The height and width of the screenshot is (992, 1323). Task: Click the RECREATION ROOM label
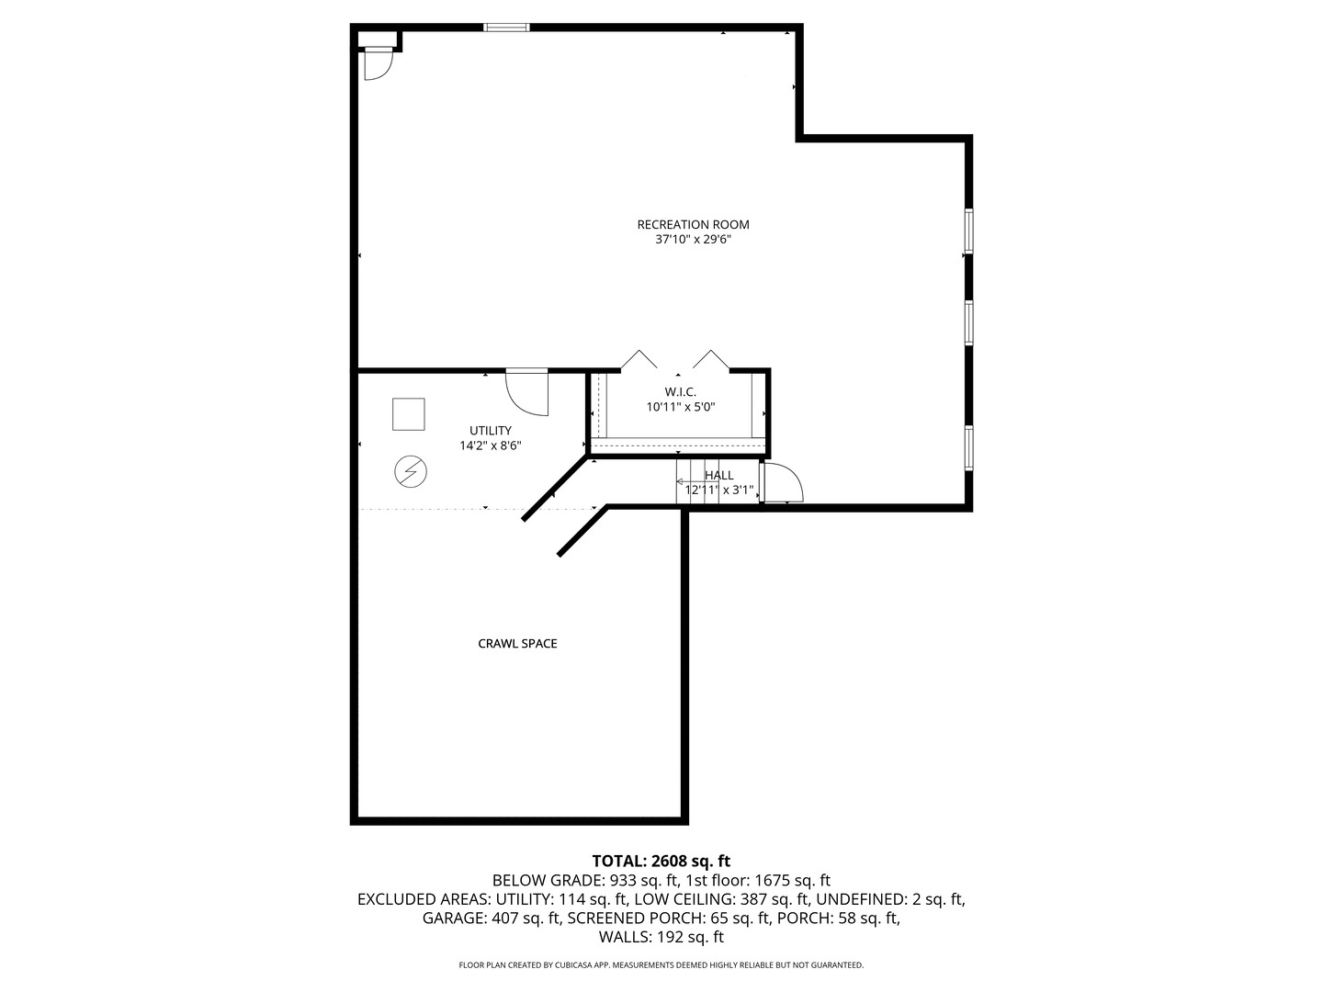pyautogui.click(x=693, y=224)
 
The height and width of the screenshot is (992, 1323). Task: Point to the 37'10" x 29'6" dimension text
pyautogui.click(x=693, y=240)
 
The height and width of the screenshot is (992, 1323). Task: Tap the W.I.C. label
pyautogui.click(x=680, y=391)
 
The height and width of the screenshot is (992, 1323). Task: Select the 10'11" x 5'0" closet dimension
pyautogui.click(x=680, y=407)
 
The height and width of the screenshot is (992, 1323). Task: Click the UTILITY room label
pyautogui.click(x=491, y=430)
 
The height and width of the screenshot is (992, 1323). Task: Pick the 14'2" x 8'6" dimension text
pyautogui.click(x=491, y=445)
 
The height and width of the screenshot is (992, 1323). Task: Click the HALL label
pyautogui.click(x=719, y=475)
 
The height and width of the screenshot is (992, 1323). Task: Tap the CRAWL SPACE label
pyautogui.click(x=517, y=644)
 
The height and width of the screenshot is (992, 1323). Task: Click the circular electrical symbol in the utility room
pyautogui.click(x=410, y=472)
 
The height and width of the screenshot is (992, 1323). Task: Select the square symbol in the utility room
pyautogui.click(x=409, y=414)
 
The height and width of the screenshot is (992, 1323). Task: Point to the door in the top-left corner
pyautogui.click(x=378, y=63)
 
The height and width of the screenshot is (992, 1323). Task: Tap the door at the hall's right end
pyautogui.click(x=782, y=484)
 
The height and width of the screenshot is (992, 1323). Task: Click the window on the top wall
pyautogui.click(x=507, y=28)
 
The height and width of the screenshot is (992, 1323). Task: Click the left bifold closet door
pyautogui.click(x=639, y=359)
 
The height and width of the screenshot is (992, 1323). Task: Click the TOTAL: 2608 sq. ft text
pyautogui.click(x=661, y=862)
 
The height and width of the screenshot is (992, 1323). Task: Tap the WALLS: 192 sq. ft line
pyautogui.click(x=661, y=937)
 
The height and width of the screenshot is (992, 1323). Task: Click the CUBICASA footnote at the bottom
pyautogui.click(x=661, y=965)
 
